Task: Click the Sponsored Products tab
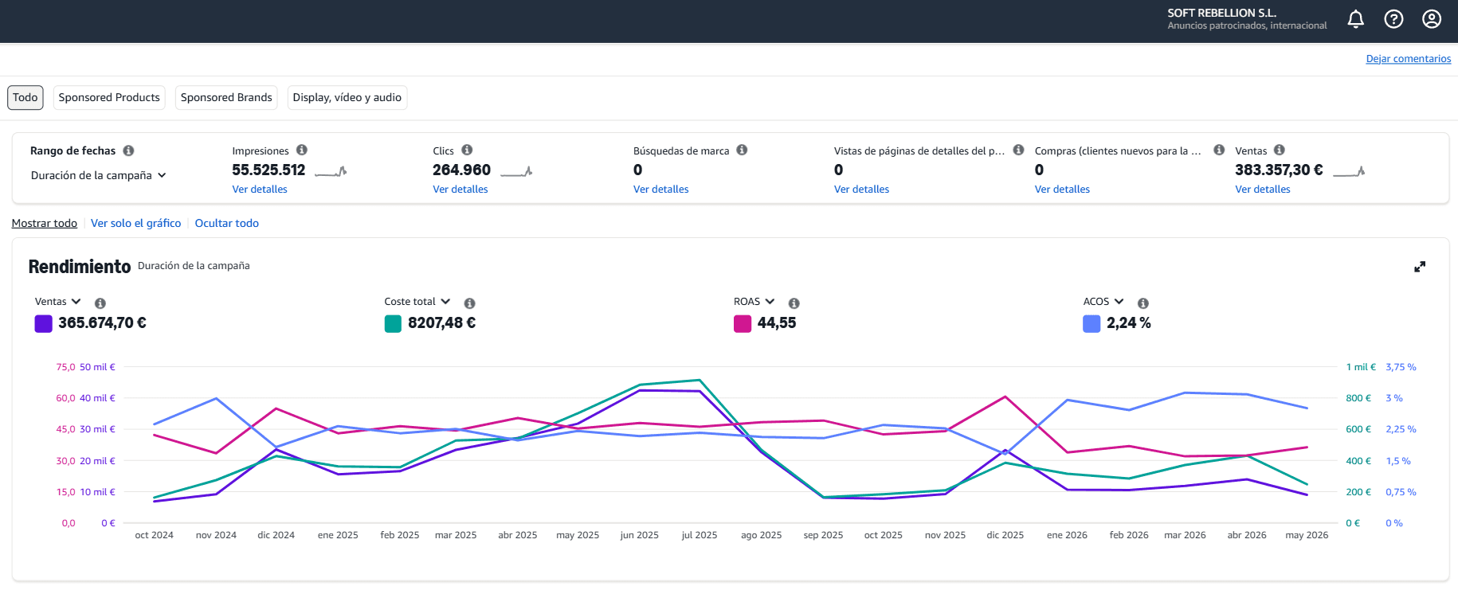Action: (x=109, y=97)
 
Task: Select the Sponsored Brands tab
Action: (x=226, y=97)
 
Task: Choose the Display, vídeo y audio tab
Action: (x=347, y=97)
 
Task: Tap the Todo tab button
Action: (x=25, y=97)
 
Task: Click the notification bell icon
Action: (x=1355, y=19)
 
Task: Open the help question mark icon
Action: (x=1393, y=19)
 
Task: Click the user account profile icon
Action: (x=1432, y=19)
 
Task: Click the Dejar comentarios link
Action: (x=1409, y=59)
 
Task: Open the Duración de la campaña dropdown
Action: (x=99, y=175)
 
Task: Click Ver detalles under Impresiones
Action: (x=260, y=190)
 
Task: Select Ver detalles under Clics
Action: (x=461, y=190)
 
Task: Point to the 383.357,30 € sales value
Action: (x=1279, y=170)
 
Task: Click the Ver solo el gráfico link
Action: (x=136, y=223)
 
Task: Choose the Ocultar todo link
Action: (x=227, y=223)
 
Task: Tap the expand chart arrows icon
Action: (x=1420, y=267)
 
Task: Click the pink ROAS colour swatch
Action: (x=743, y=323)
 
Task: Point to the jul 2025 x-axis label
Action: (x=700, y=535)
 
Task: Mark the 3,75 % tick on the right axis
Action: (x=1401, y=367)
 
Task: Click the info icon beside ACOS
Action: (x=1143, y=303)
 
